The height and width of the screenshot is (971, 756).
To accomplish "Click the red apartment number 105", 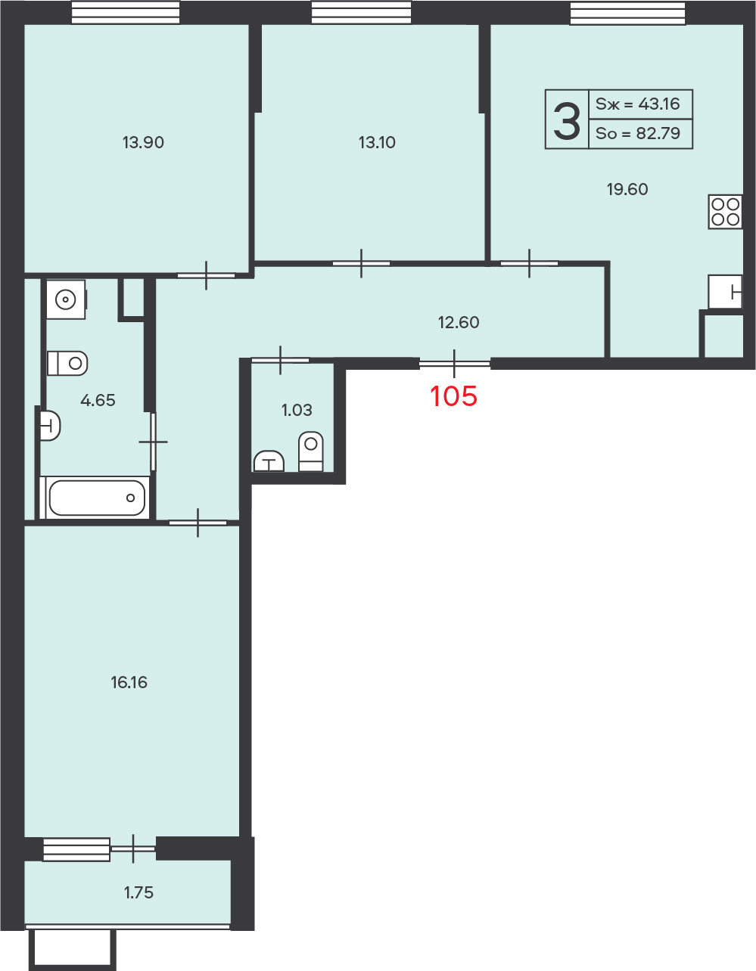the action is pyautogui.click(x=453, y=396).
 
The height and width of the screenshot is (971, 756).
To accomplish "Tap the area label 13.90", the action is pyautogui.click(x=143, y=142).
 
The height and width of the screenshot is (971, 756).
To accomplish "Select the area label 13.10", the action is pyautogui.click(x=377, y=142).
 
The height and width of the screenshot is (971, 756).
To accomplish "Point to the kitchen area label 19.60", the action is pyautogui.click(x=627, y=190).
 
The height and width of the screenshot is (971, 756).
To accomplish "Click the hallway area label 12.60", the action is pyautogui.click(x=459, y=322).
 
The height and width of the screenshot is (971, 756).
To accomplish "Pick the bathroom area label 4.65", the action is pyautogui.click(x=98, y=400).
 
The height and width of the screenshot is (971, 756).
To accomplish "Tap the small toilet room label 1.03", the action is pyautogui.click(x=297, y=410).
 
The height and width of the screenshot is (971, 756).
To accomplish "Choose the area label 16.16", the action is pyautogui.click(x=129, y=682).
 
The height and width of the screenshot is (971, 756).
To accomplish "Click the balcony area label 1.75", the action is pyautogui.click(x=138, y=892).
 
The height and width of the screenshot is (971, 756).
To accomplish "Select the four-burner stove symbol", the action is pyautogui.click(x=725, y=212).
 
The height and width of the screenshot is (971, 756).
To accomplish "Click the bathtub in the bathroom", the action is pyautogui.click(x=95, y=498).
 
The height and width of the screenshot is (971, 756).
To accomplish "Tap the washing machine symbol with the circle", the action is pyautogui.click(x=66, y=299).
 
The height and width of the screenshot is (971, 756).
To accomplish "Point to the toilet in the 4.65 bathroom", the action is pyautogui.click(x=67, y=363).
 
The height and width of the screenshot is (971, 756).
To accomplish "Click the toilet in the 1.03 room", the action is pyautogui.click(x=311, y=451).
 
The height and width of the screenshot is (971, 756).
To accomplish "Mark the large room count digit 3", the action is pyautogui.click(x=567, y=120).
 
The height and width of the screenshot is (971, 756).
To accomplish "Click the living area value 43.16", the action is pyautogui.click(x=659, y=104).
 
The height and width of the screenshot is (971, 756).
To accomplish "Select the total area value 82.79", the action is pyautogui.click(x=658, y=133).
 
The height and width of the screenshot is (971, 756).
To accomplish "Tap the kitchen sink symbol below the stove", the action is pyautogui.click(x=725, y=292).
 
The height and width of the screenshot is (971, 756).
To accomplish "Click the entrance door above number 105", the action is pyautogui.click(x=454, y=364).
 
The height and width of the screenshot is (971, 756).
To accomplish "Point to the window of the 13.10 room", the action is pyautogui.click(x=361, y=12).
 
